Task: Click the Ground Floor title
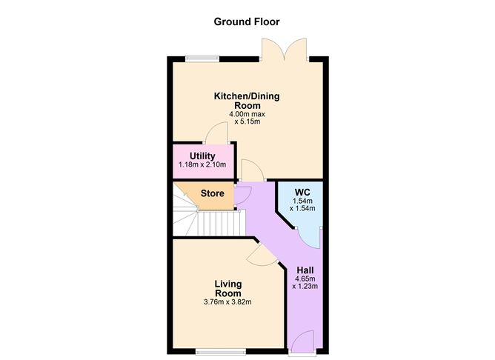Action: (x=247, y=21)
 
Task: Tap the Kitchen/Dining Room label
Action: (x=247, y=101)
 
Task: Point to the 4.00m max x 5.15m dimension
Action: (x=247, y=119)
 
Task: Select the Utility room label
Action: (x=202, y=156)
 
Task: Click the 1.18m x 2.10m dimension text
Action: (x=202, y=164)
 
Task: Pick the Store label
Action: (x=212, y=194)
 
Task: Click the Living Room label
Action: (x=228, y=288)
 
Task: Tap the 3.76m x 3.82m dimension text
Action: (x=228, y=302)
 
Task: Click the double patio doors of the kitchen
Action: (x=285, y=49)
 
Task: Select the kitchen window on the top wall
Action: (x=198, y=59)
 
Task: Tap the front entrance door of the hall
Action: (x=304, y=342)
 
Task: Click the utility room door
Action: (x=216, y=133)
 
